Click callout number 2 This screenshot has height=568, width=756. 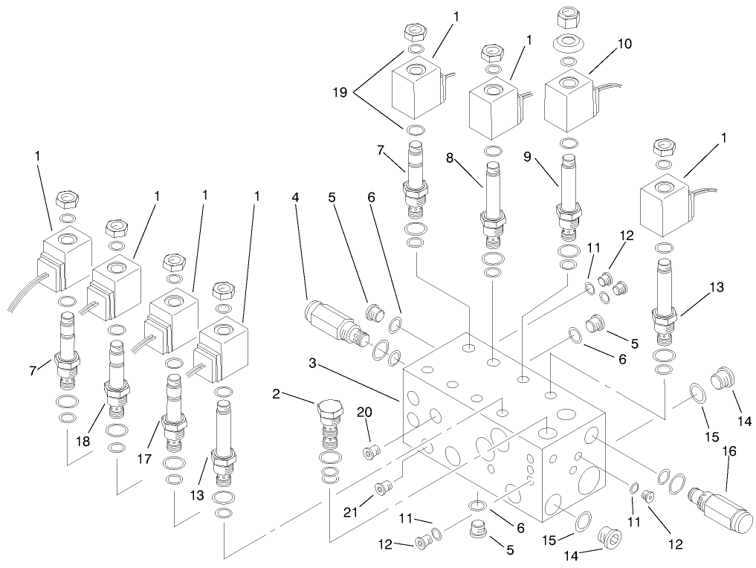tap(277, 394)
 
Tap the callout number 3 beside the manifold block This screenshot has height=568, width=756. tap(314, 363)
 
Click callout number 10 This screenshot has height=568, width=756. tap(624, 44)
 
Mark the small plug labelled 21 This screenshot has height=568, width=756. tap(383, 488)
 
